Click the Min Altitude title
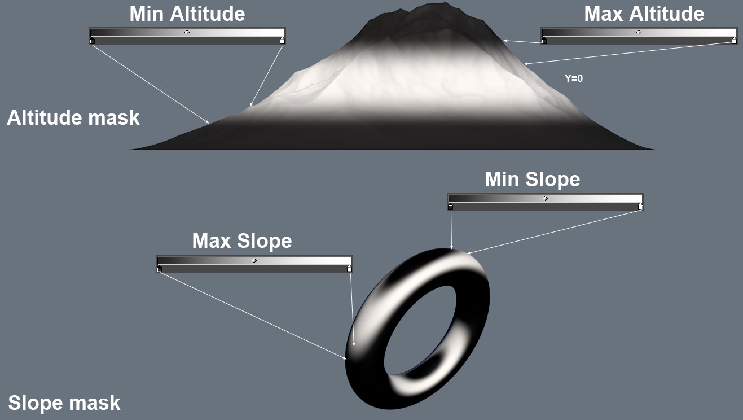(187, 14)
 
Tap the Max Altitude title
(644, 14)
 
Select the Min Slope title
(533, 180)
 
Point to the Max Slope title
(242, 240)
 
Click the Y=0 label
(574, 78)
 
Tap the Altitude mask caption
(73, 118)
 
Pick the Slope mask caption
(64, 403)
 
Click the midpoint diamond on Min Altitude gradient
(187, 33)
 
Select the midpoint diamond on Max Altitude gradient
(639, 33)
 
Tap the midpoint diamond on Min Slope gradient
(546, 199)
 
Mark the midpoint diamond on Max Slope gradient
(254, 261)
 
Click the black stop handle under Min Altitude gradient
(92, 41)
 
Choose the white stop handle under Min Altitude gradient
(282, 41)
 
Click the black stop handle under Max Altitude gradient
(544, 41)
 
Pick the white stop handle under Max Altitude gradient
(734, 41)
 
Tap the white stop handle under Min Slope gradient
(640, 207)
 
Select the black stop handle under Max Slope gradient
(159, 269)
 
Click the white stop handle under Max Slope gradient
(349, 269)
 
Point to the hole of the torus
(421, 330)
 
